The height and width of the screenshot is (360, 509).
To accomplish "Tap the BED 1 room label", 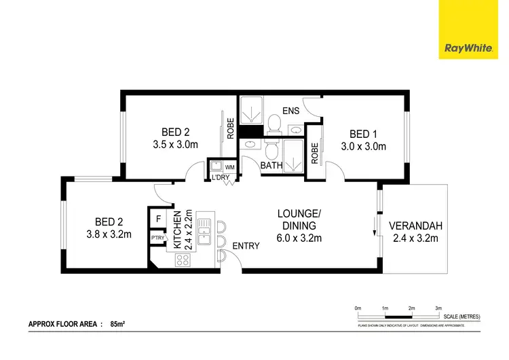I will pos(363,133).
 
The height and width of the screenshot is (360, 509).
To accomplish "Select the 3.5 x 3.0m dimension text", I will pos(175,145).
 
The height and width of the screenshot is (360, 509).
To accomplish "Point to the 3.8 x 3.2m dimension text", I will pos(109,234).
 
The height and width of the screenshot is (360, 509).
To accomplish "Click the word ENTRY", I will pos(246,246).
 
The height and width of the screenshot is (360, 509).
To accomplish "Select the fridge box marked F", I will pos(158,219).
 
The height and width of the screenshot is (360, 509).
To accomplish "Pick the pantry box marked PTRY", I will pos(157,238).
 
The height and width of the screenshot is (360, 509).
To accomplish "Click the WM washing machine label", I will pos(229,166).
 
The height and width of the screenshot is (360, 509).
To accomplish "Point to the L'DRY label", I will pos(221,178).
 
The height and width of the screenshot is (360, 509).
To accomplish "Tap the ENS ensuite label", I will pos(291,110).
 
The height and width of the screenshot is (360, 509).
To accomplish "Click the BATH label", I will pos(271,165).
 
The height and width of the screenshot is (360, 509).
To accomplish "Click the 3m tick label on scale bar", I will pos(438,308).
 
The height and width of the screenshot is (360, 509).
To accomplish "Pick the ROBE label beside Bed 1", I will pos(314,154).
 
